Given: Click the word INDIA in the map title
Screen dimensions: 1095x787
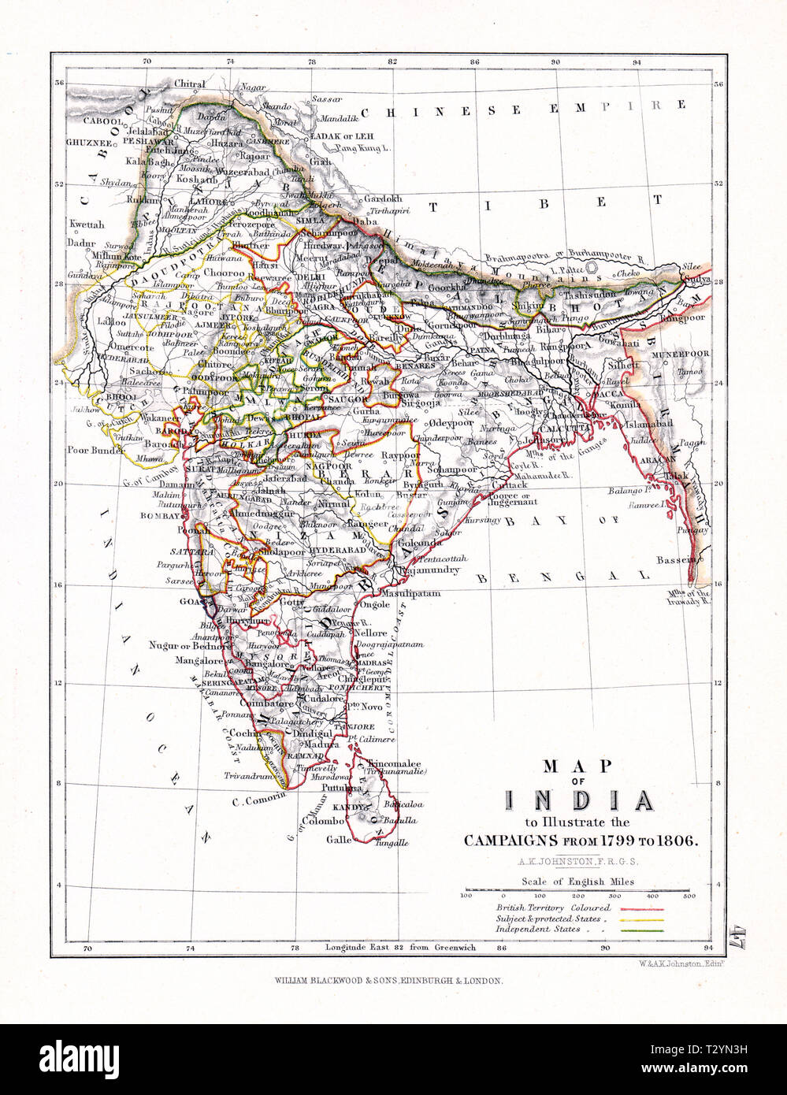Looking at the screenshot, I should [578, 802].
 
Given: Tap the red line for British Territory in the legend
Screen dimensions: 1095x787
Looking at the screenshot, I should [644, 908].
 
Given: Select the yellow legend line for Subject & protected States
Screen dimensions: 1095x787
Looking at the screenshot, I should [644, 919].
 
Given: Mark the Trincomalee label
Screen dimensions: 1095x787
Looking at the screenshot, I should [392, 763].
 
